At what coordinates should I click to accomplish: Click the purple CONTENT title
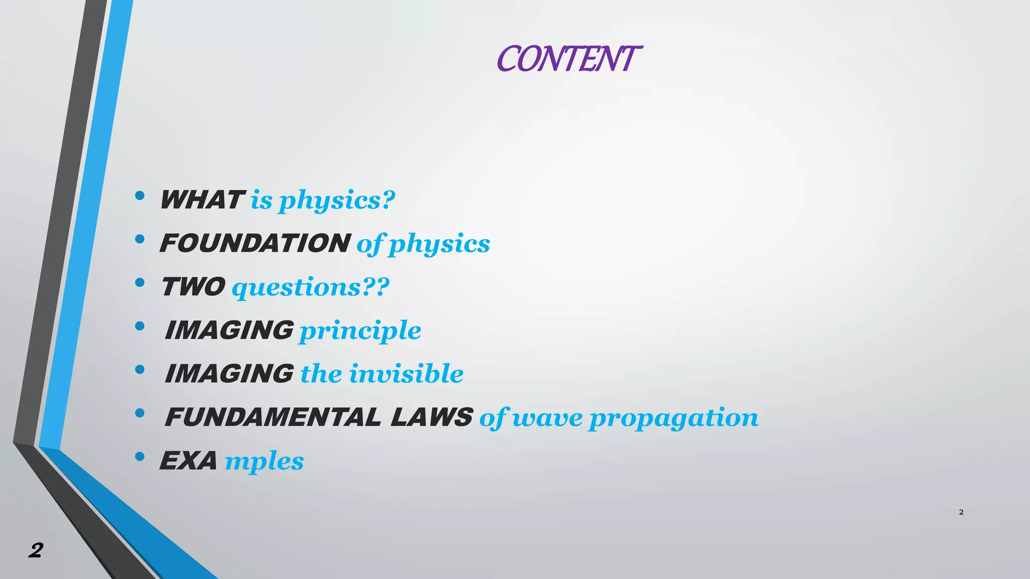point(568,59)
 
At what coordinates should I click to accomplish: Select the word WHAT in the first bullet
point(202,200)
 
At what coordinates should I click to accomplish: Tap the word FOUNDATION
point(255,243)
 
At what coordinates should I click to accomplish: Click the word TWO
point(193,287)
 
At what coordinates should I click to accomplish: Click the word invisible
point(406,374)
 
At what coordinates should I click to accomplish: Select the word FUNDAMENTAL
point(273,417)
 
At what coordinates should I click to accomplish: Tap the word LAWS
point(432,417)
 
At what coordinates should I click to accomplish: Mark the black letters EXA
point(189,461)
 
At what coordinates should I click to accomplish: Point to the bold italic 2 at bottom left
point(36,551)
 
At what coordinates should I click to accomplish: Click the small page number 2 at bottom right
point(961,512)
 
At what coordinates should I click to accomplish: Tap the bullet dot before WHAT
point(140,196)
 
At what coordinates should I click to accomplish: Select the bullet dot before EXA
point(140,456)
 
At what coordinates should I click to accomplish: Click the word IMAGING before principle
point(229,330)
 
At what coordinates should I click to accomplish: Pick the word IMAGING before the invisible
point(229,374)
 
